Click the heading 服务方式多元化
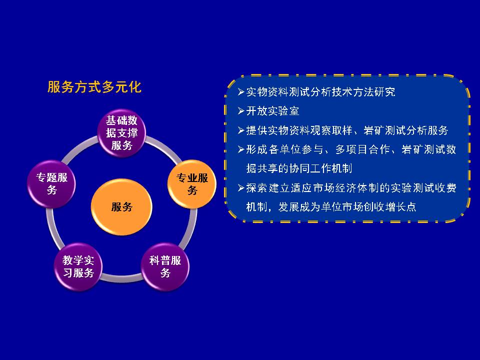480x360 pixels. [94, 87]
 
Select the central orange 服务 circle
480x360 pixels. [121, 207]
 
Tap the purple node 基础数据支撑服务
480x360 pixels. [121, 133]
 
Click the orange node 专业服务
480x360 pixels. [192, 184]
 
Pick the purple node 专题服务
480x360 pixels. [51, 184]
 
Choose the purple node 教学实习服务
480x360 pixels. [78, 266]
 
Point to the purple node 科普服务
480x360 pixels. [165, 266]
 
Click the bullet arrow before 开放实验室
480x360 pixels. [241, 111]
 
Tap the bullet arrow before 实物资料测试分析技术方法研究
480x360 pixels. [241, 92]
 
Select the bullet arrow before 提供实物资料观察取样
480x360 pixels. [241, 130]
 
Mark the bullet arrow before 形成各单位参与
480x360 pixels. [241, 149]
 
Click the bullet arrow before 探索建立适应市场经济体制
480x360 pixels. [241, 187]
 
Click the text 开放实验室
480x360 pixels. [273, 111]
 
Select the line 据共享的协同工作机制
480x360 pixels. [299, 168]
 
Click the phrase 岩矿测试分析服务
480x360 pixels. [406, 130]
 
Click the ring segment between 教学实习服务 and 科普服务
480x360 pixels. [121, 278]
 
